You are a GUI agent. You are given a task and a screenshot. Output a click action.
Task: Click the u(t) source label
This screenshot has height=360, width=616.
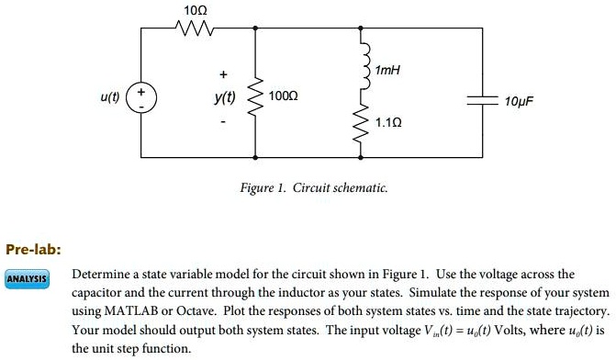pyautogui.click(x=111, y=96)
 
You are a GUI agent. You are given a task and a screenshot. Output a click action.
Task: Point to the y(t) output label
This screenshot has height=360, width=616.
pyautogui.click(x=224, y=96)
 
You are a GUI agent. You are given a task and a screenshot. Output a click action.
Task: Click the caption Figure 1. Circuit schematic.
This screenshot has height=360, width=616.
pyautogui.click(x=313, y=187)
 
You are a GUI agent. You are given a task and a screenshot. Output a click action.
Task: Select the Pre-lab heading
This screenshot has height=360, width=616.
pyautogui.click(x=33, y=249)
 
